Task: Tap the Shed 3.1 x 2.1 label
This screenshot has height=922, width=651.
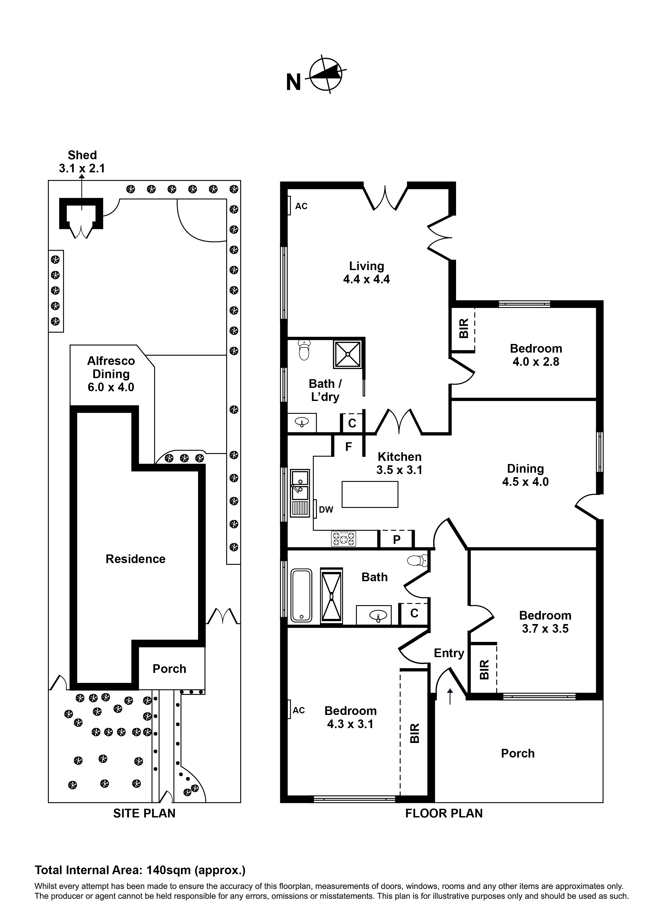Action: click(82, 161)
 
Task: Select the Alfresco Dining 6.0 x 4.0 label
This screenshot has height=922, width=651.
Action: click(111, 374)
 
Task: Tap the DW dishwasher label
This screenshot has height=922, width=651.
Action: click(326, 510)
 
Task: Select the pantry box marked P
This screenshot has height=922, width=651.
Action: click(396, 539)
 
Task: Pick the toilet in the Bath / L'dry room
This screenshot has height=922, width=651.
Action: click(304, 350)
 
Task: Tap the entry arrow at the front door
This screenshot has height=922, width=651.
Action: click(450, 696)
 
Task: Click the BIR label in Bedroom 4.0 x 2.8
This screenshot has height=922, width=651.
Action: click(463, 328)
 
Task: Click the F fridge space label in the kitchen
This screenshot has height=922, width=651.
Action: click(348, 446)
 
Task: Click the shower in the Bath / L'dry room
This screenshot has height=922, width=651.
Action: click(347, 354)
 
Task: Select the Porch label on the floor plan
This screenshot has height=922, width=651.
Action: click(517, 753)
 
